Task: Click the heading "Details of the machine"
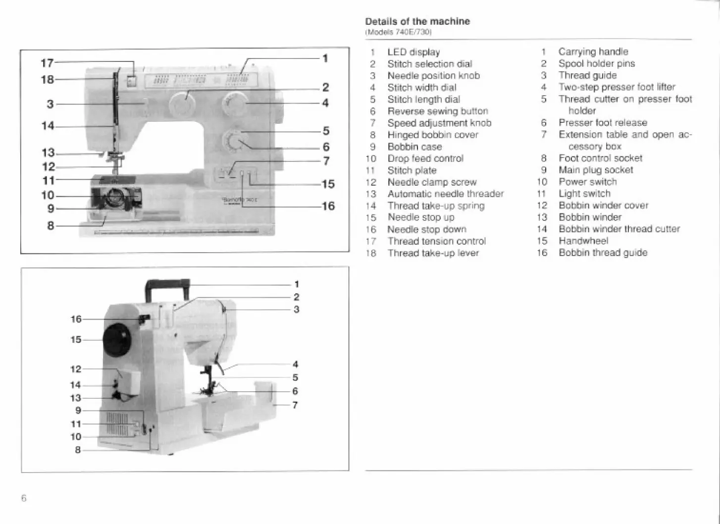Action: pyautogui.click(x=417, y=21)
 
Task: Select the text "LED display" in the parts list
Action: pyautogui.click(x=413, y=52)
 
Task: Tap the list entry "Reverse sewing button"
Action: pyautogui.click(x=438, y=111)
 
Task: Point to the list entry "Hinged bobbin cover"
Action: pyautogui.click(x=433, y=135)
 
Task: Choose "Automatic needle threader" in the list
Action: pyautogui.click(x=445, y=194)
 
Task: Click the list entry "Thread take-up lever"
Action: pyautogui.click(x=433, y=253)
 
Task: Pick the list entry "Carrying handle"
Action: pyautogui.click(x=593, y=52)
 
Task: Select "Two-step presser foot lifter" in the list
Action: pyautogui.click(x=617, y=87)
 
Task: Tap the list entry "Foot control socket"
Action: pyautogui.click(x=600, y=158)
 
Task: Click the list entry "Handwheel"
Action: pyautogui.click(x=583, y=241)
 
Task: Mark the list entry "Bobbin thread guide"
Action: pyautogui.click(x=603, y=253)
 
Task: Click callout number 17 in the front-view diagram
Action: pyautogui.click(x=47, y=63)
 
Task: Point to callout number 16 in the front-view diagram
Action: pyautogui.click(x=328, y=206)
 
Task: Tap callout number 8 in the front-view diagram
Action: pyautogui.click(x=51, y=226)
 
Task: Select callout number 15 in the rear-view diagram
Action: pyautogui.click(x=76, y=340)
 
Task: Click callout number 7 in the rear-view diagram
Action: pyautogui.click(x=295, y=405)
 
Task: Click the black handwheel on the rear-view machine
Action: pyautogui.click(x=117, y=340)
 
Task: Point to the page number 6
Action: pyautogui.click(x=24, y=498)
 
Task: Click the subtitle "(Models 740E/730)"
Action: pyautogui.click(x=399, y=32)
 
